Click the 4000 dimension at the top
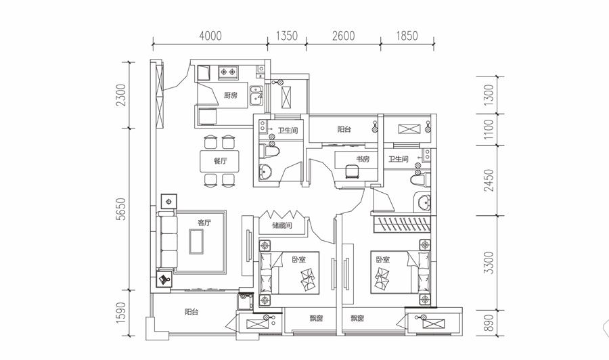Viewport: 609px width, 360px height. [x=210, y=36]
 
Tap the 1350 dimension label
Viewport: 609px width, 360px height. [x=287, y=36]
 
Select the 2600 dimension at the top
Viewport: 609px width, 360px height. [x=343, y=36]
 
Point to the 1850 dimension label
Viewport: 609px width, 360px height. [x=407, y=36]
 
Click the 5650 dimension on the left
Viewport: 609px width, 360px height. [x=121, y=209]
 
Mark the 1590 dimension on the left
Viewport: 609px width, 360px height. [x=121, y=313]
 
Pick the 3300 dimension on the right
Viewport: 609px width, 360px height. [x=489, y=263]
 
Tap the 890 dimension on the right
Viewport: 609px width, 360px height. [x=489, y=323]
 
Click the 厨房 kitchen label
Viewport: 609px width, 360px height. [x=231, y=95]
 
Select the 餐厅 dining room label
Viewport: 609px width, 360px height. [x=220, y=161]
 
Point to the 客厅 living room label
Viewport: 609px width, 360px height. [x=204, y=223]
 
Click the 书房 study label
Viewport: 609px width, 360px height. [x=363, y=159]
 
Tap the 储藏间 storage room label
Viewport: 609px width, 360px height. [x=282, y=225]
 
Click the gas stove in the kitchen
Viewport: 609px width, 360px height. [x=227, y=72]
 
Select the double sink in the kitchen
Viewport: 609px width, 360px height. [x=256, y=95]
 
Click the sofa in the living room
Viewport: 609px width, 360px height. [x=167, y=241]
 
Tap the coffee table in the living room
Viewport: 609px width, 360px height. [x=196, y=241]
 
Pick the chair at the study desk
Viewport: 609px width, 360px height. [x=353, y=172]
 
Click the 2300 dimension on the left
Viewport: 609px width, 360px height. [x=121, y=95]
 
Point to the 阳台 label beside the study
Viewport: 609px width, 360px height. [x=344, y=129]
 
